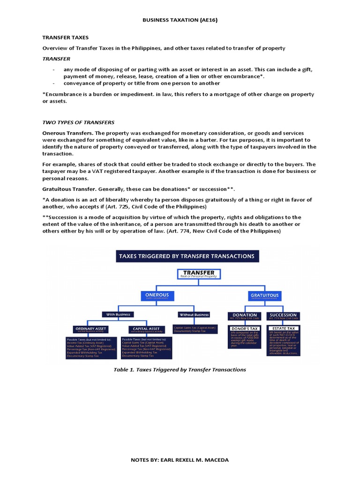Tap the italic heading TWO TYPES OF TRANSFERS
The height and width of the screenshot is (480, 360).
point(78,122)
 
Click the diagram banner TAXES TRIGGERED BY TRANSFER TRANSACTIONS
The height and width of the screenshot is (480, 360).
point(187,256)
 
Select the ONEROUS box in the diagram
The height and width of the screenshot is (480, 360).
point(157,295)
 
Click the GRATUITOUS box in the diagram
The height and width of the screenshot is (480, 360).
point(264,295)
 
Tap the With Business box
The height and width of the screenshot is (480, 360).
point(118,314)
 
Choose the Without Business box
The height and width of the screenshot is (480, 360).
point(194,314)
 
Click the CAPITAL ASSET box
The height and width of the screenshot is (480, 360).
point(147,329)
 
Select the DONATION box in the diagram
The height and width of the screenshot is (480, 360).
point(245,315)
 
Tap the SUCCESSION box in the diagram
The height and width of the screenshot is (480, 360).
point(283,315)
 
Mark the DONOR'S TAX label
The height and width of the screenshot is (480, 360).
point(245,329)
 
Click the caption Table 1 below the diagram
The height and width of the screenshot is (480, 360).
point(180,369)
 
